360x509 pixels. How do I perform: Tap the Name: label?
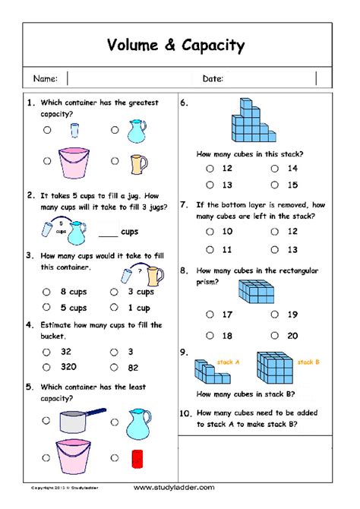46,79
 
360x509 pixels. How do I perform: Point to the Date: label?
213,79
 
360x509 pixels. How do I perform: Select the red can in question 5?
137,457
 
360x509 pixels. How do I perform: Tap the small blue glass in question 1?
74,130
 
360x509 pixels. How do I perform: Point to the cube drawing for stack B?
273,368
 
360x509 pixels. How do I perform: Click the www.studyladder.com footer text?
174,487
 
